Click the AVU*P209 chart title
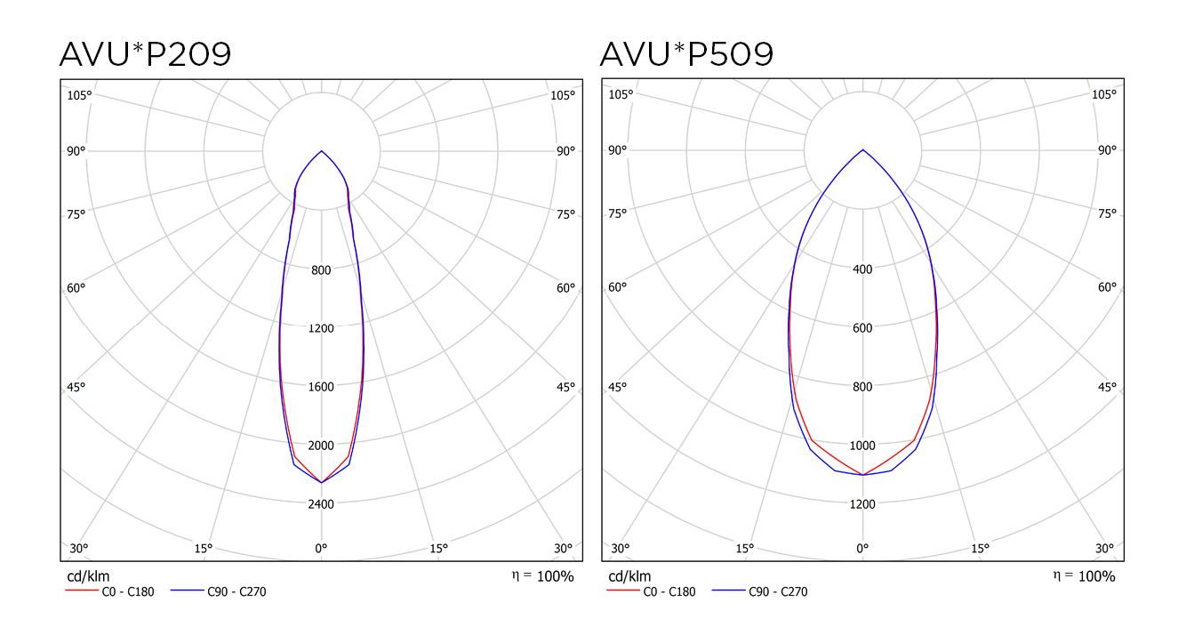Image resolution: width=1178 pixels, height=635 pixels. click(145, 54)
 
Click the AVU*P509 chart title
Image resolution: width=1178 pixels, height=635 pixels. click(686, 54)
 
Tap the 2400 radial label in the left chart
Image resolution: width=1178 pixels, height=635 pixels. click(322, 504)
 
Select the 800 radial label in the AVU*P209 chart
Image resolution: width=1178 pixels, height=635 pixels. click(322, 270)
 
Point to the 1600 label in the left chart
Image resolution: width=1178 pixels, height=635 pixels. click(322, 387)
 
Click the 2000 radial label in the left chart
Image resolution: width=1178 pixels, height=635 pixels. click(322, 446)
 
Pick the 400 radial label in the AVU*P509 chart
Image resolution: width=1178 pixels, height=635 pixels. click(862, 269)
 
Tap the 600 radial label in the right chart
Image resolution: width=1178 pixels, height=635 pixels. click(862, 327)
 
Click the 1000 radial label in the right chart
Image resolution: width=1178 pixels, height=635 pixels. click(862, 446)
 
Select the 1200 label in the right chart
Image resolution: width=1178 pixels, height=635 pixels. click(862, 504)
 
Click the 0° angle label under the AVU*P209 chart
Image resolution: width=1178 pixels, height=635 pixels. click(322, 548)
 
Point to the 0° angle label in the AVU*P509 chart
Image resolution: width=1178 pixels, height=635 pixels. click(862, 548)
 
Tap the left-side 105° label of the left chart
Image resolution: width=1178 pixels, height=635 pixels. click(80, 95)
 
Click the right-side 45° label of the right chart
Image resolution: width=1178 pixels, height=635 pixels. click(1106, 387)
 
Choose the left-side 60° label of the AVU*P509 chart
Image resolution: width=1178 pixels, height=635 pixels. click(618, 287)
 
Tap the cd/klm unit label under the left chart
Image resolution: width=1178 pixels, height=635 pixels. click(88, 576)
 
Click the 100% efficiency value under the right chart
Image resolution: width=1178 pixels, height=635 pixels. click(1096, 576)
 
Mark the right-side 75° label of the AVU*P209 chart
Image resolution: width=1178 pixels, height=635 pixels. click(565, 213)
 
